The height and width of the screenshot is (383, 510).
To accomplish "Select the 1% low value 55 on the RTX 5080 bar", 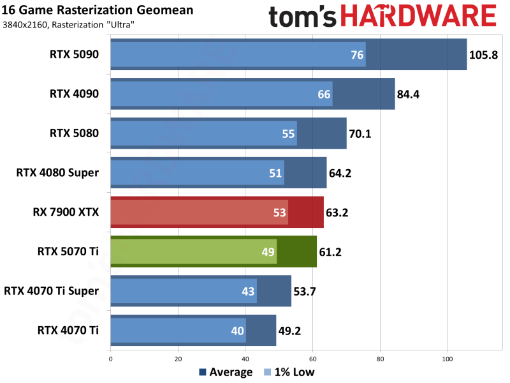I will coord(288,134).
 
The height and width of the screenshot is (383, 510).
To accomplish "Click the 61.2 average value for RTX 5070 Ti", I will coord(331,252).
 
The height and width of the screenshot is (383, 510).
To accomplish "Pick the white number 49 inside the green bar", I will coord(268,252).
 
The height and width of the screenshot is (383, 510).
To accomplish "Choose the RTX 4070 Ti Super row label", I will coord(52,291).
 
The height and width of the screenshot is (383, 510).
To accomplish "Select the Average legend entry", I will coord(226,372).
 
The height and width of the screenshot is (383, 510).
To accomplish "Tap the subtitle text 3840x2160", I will coord(25,25).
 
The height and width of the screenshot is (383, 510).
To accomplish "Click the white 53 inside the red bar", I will coord(280,213).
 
